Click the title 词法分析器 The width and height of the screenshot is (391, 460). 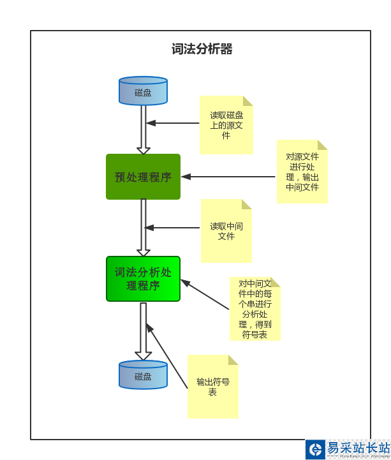tap(202, 49)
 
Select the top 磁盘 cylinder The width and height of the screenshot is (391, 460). tap(143, 91)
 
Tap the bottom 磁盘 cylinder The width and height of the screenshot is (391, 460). tap(143, 375)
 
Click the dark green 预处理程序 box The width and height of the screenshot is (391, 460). tap(143, 177)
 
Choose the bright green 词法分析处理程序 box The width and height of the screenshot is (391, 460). tap(143, 279)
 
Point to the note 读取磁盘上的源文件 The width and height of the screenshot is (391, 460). tap(226, 125)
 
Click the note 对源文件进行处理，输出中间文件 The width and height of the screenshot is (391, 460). tap(302, 172)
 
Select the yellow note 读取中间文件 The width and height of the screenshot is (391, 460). tap(226, 231)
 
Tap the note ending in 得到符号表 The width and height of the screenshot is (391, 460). tap(255, 309)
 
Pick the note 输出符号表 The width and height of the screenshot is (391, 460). tap(212, 387)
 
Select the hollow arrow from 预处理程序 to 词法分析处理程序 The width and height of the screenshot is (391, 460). tap(144, 228)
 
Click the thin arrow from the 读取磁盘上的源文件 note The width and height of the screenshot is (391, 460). tap(173, 123)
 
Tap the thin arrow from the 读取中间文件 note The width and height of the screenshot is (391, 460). tap(173, 227)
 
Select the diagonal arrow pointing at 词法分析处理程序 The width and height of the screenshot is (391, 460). tap(205, 295)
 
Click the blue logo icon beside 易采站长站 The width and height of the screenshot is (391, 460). tap(316, 449)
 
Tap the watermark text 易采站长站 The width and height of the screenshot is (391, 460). tap(357, 447)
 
